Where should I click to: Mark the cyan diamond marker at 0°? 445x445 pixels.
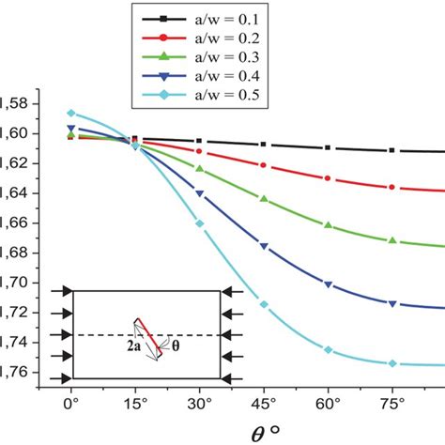pos(70,113)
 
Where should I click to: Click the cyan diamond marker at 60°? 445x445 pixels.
pos(328,349)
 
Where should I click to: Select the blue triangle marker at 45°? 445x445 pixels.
pos(264,246)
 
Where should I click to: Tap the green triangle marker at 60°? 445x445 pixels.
pos(328,225)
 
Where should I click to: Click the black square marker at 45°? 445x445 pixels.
pos(264,144)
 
